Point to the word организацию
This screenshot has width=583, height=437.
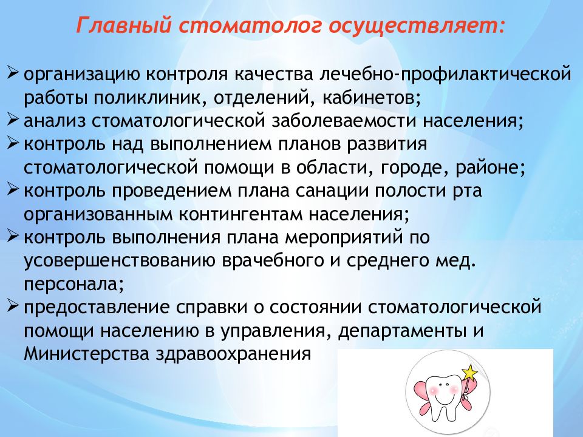click(x=82, y=75)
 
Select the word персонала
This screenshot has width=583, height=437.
click(x=74, y=283)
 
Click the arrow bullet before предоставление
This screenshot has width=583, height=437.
click(x=15, y=306)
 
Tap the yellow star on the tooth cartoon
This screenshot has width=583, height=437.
click(x=469, y=371)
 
